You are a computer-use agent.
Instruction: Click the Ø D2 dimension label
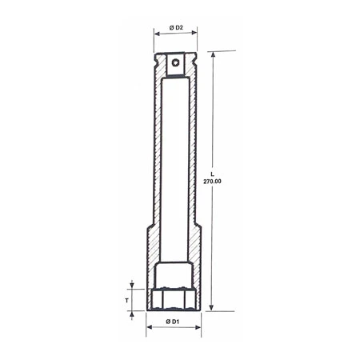[174, 29]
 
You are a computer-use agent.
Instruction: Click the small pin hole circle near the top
[174, 61]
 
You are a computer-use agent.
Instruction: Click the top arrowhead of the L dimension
[212, 55]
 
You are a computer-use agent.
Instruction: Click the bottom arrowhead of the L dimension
[212, 308]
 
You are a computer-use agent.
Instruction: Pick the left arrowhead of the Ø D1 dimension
[148, 329]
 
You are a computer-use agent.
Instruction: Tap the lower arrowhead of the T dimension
[130, 312]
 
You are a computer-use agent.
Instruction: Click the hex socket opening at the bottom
[174, 300]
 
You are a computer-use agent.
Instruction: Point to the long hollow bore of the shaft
[174, 160]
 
